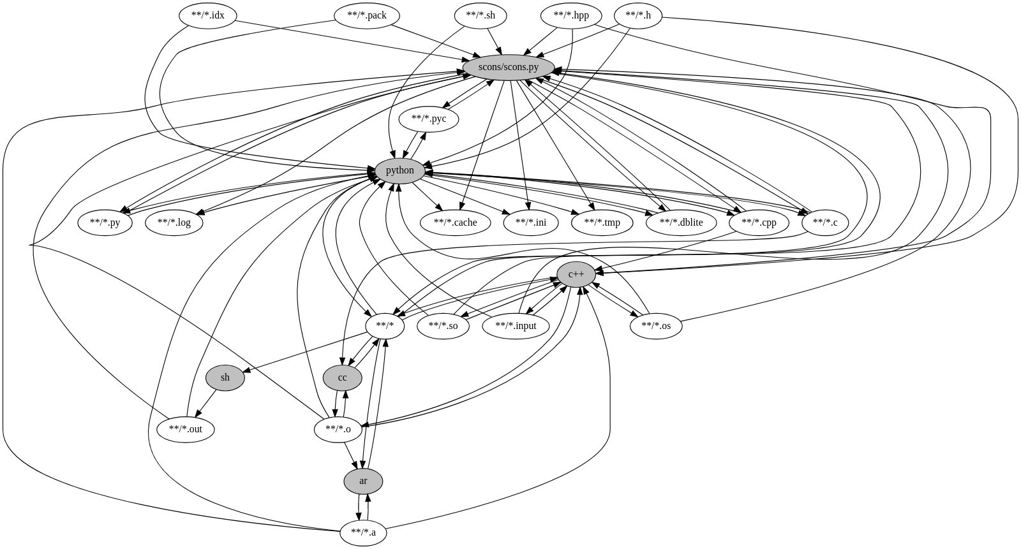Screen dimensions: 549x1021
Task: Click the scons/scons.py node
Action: coord(508,67)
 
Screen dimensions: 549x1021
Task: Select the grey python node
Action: coord(399,171)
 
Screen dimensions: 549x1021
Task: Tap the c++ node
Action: coord(576,274)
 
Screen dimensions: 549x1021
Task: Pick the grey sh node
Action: coord(225,377)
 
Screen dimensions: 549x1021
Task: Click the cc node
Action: coord(342,377)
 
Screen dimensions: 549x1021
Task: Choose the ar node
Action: coord(363,481)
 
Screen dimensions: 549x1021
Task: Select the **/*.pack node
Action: coord(366,15)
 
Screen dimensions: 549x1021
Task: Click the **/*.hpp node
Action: coord(570,15)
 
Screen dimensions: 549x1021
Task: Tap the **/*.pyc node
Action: coord(429,119)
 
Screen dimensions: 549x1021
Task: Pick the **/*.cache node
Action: coord(455,223)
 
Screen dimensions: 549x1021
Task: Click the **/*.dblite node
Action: coord(683,223)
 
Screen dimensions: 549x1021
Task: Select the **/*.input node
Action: coord(516,326)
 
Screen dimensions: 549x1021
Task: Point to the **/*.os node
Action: coord(656,326)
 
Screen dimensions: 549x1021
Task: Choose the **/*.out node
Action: coord(185,429)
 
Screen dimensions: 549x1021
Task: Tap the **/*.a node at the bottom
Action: coord(363,532)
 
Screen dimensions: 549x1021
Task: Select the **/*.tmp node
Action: coord(602,223)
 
